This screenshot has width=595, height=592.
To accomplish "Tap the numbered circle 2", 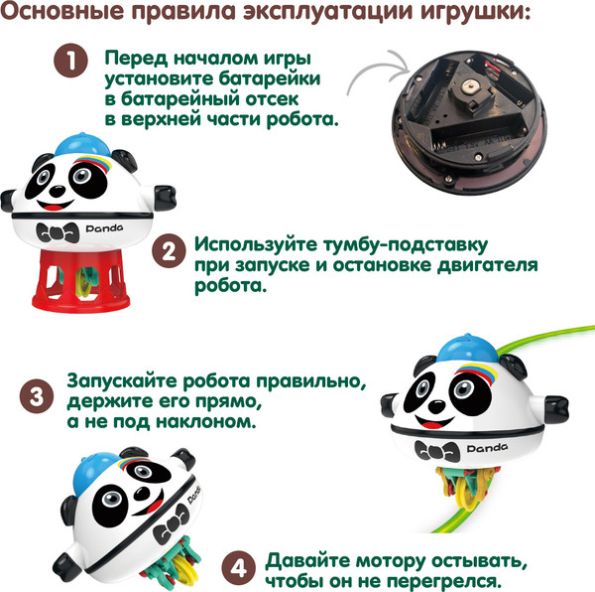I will (170, 252).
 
